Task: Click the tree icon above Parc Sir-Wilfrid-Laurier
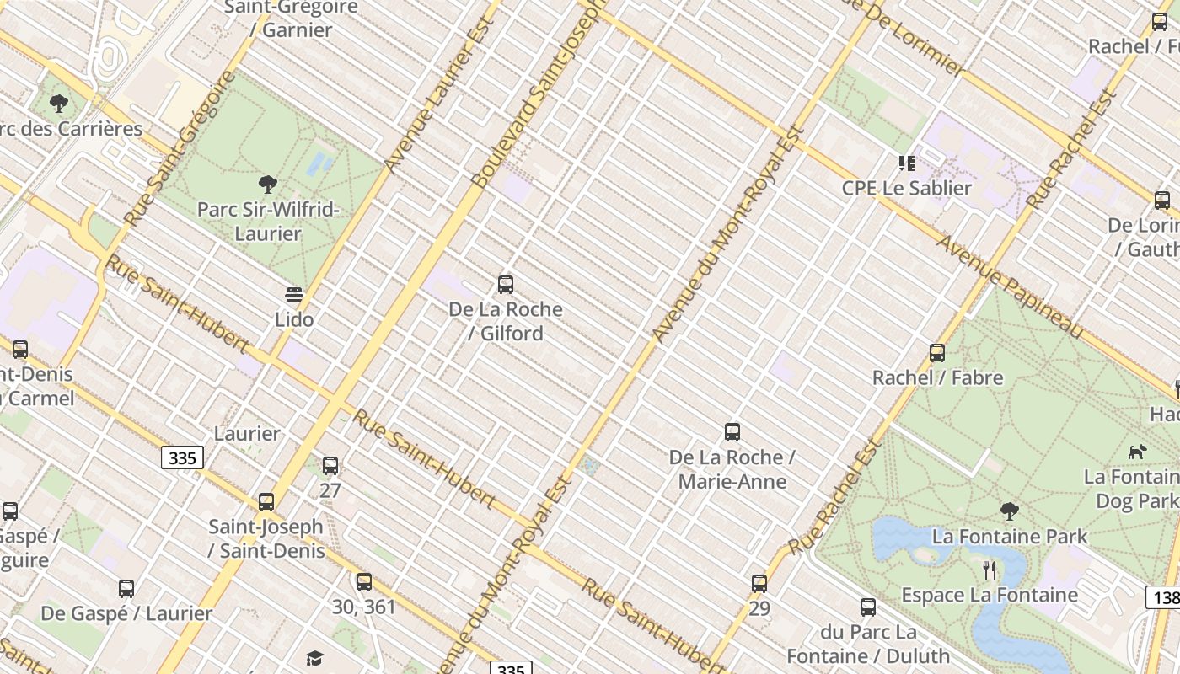268,184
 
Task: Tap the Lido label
294,319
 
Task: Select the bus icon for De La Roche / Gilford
506,285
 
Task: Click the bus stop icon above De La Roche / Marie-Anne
732,432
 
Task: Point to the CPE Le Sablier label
907,188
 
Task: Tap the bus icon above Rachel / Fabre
937,353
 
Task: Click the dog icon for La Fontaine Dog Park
1138,452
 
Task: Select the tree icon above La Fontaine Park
1009,511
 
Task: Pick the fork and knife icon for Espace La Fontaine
990,570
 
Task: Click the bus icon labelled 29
759,583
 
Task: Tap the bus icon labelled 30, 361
364,581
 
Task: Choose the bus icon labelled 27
330,465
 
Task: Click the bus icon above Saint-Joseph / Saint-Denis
266,502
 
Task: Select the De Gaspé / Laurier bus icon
126,588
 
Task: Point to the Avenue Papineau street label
1010,286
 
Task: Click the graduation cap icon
314,658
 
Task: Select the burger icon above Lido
294,295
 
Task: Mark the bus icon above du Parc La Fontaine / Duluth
868,607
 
